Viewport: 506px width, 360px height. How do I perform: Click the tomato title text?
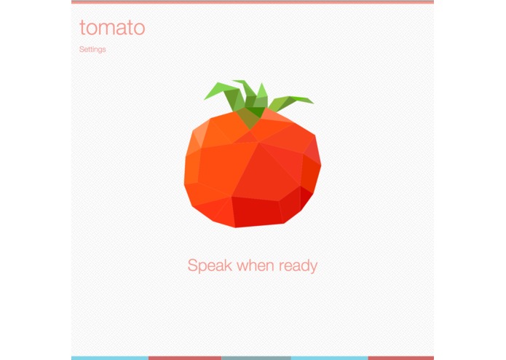click(x=112, y=28)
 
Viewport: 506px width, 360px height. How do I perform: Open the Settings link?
click(x=92, y=50)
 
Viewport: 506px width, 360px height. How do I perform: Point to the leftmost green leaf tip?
click(x=206, y=97)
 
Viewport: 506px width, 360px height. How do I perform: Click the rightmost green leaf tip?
click(x=312, y=101)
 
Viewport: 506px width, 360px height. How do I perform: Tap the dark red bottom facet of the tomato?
click(x=256, y=211)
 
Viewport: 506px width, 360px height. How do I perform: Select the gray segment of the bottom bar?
click(x=256, y=358)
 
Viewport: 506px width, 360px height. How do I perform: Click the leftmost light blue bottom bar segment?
click(x=109, y=358)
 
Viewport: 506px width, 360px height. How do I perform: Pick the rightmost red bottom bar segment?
click(x=400, y=358)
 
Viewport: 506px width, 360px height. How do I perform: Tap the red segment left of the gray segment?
click(x=184, y=358)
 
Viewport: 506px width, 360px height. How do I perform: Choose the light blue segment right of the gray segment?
click(x=329, y=358)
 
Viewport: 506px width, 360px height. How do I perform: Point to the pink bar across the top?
click(x=252, y=2)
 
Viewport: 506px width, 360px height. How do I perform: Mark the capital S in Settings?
click(x=82, y=50)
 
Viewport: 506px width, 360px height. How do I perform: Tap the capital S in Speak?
click(x=193, y=265)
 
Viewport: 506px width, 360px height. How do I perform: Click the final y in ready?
click(x=313, y=267)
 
